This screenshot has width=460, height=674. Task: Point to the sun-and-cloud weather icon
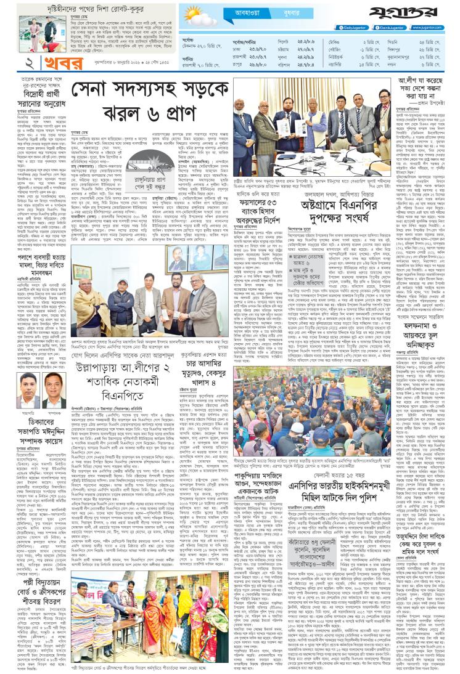[197, 15]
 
